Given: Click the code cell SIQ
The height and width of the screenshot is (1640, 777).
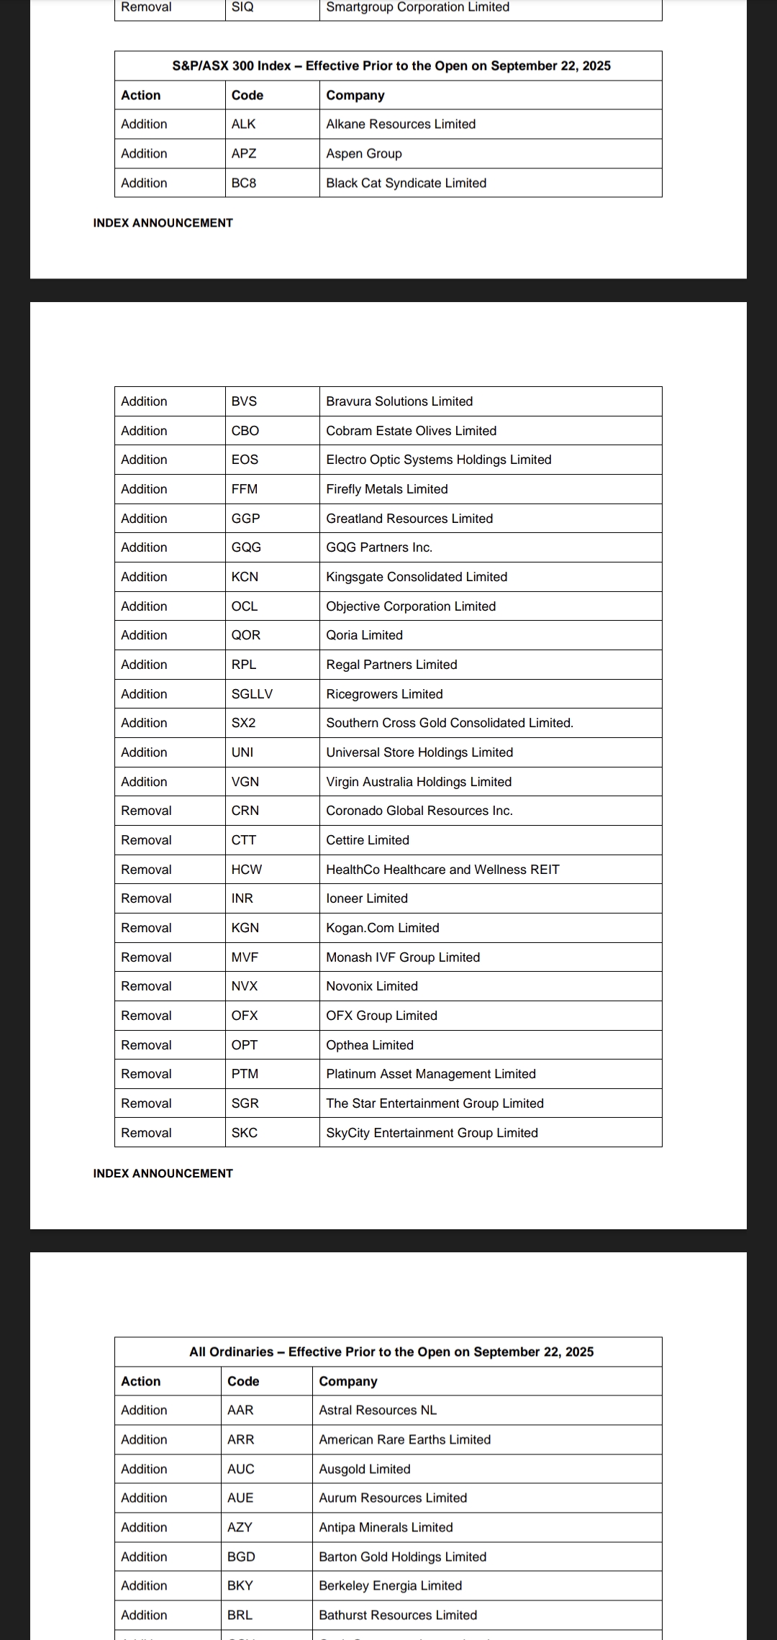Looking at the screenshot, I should (x=242, y=7).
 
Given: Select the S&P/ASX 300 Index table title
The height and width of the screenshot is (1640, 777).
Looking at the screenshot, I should (x=391, y=66).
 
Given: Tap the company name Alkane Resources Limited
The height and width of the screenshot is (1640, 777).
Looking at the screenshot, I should (x=401, y=124).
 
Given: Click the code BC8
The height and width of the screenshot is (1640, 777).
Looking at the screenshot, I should (x=244, y=183).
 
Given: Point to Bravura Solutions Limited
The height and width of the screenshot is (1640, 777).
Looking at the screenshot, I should (x=399, y=401).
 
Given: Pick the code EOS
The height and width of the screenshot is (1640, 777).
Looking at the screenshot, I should (x=245, y=460).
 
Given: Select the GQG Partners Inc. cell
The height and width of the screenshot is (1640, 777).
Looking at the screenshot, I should (x=379, y=547).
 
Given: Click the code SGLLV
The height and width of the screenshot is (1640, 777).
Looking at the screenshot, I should (x=252, y=694).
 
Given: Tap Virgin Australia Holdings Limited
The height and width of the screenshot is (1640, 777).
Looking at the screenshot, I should (x=419, y=782).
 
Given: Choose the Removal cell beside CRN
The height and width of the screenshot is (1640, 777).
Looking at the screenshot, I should (x=146, y=811).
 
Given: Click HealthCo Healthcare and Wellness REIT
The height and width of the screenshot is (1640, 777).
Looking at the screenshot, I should (x=442, y=870).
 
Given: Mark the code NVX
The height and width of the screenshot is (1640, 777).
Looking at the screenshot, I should (x=245, y=986).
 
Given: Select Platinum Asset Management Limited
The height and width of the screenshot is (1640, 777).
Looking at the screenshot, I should (x=431, y=1074).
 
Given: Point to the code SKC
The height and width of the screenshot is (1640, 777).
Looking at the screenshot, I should (x=245, y=1133).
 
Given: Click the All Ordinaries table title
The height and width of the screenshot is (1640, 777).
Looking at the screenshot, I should (x=391, y=1352).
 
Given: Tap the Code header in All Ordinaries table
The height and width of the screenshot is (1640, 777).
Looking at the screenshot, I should (x=243, y=1382).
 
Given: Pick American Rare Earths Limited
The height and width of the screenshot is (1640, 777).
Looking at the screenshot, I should (x=404, y=1440).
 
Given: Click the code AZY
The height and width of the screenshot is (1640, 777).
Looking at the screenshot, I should (x=240, y=1528).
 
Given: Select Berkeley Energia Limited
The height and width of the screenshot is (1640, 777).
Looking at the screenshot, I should (x=390, y=1586).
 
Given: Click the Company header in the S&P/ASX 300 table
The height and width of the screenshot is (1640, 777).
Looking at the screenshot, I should (x=355, y=96).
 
